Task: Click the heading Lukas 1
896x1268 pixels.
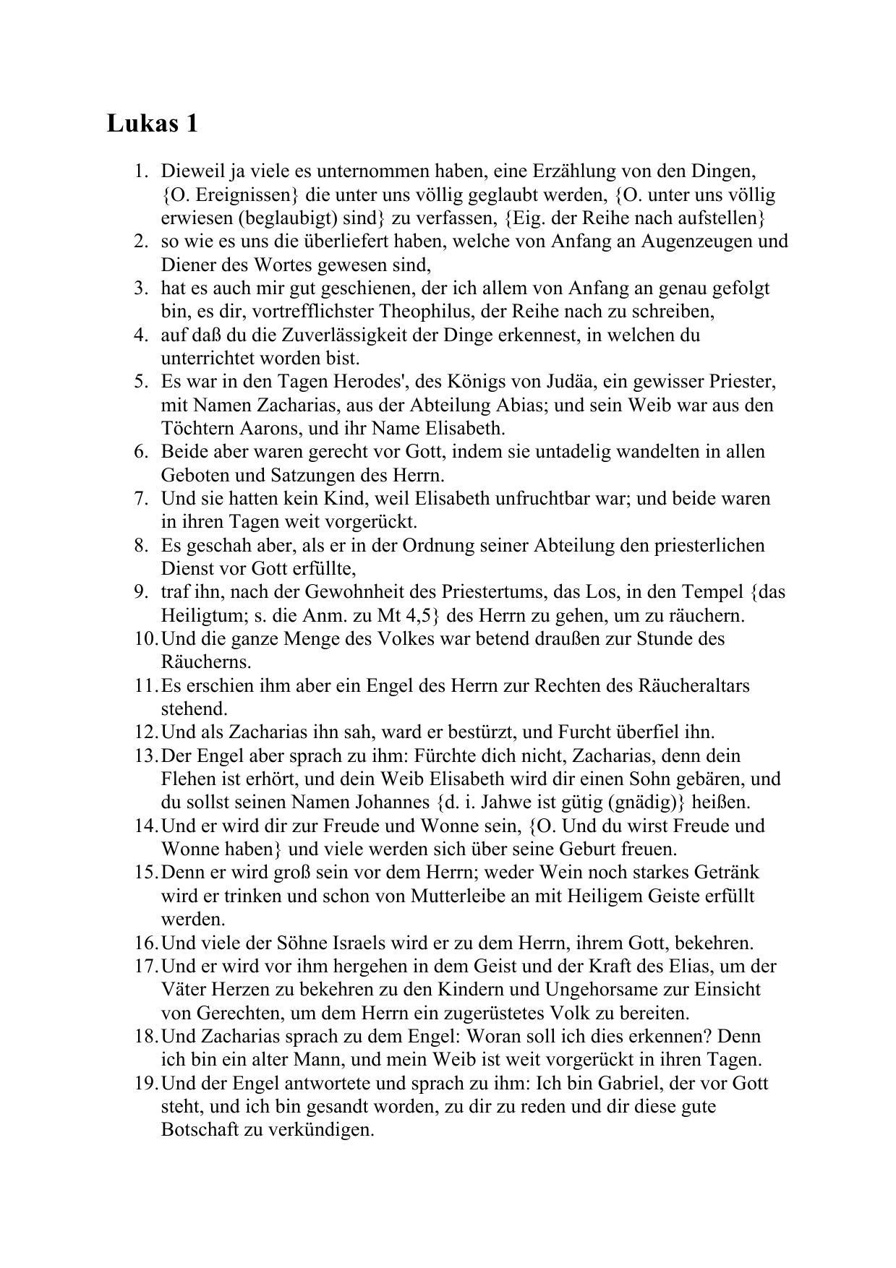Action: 152,124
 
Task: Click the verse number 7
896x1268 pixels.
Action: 140,499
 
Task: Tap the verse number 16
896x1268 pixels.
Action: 145,943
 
